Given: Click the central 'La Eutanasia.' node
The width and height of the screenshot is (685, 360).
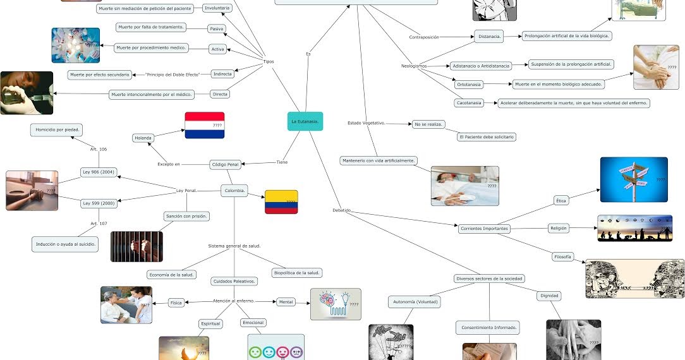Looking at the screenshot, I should pyautogui.click(x=305, y=121).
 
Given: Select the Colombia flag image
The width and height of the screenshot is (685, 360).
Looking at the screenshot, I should pyautogui.click(x=281, y=202).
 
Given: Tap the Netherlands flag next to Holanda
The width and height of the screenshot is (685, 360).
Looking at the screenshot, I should pyautogui.click(x=204, y=125).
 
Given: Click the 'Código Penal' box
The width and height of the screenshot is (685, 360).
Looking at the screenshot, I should pyautogui.click(x=225, y=165).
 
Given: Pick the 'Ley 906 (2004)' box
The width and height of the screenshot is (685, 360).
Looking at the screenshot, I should pyautogui.click(x=99, y=172).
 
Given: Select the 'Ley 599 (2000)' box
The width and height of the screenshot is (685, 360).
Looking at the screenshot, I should pyautogui.click(x=99, y=203).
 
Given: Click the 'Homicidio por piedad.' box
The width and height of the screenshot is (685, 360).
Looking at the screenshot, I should pyautogui.click(x=58, y=130).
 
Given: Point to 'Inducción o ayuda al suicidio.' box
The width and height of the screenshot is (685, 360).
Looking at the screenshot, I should pyautogui.click(x=65, y=244).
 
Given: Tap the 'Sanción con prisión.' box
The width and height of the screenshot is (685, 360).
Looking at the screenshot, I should pyautogui.click(x=186, y=216).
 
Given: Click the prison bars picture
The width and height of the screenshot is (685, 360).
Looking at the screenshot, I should pyautogui.click(x=136, y=246).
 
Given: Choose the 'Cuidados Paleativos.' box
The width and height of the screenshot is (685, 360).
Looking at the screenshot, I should pyautogui.click(x=234, y=281).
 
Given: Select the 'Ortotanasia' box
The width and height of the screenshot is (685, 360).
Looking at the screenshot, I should pyautogui.click(x=470, y=84).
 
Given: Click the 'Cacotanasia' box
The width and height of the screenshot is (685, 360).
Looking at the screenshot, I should pyautogui.click(x=469, y=103).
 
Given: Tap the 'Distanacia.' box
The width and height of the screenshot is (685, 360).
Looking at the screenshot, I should pyautogui.click(x=489, y=37).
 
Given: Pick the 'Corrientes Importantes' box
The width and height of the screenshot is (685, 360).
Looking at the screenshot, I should pyautogui.click(x=483, y=229).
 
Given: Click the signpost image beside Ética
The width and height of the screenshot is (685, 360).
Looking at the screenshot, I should pyautogui.click(x=633, y=179).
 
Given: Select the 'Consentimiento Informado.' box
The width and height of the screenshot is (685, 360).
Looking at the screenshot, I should pyautogui.click(x=488, y=327).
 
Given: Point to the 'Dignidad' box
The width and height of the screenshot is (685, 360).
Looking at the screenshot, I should pyautogui.click(x=549, y=296).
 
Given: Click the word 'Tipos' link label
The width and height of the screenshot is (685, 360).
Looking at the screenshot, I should pyautogui.click(x=268, y=61).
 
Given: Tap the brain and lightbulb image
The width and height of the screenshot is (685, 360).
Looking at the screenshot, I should pyautogui.click(x=336, y=304).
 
